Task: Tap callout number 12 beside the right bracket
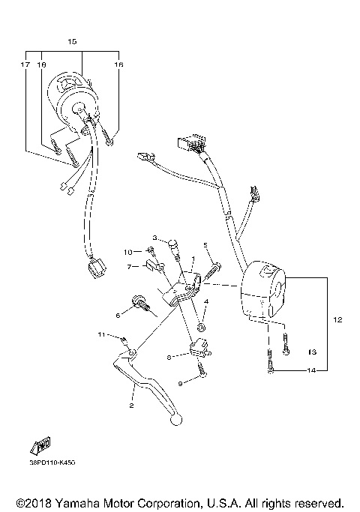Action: point(337,320)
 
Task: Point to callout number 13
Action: point(313,351)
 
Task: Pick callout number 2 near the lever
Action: point(131,406)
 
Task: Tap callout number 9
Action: point(179,383)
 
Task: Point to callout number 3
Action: point(155,238)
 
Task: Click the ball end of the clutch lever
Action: point(177,421)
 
